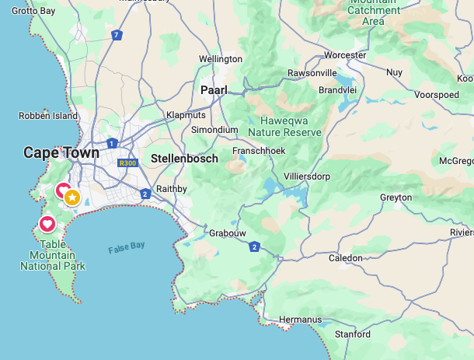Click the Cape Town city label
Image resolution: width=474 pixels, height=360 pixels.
[x=61, y=152]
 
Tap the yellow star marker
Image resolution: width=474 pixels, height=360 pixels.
[x=72, y=197]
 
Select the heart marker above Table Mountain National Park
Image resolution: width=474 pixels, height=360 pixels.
[x=47, y=225]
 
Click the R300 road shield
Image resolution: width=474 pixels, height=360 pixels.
[x=127, y=163]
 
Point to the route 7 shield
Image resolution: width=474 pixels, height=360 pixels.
[x=117, y=35]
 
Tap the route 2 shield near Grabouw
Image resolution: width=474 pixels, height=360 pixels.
[x=254, y=246]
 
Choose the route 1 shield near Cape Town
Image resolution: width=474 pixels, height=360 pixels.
[x=113, y=143]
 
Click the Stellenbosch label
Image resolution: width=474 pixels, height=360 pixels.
[x=184, y=158]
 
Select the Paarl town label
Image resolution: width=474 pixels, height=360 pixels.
[x=214, y=90]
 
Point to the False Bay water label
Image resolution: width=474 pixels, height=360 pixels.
[x=127, y=247]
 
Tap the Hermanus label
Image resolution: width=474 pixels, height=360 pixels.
[x=299, y=320]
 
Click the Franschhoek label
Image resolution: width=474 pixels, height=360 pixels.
[x=259, y=151]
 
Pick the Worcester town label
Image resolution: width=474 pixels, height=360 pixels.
[x=345, y=55]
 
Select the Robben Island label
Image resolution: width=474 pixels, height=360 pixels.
[x=48, y=116]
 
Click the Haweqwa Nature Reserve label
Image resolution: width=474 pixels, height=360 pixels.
[x=284, y=126]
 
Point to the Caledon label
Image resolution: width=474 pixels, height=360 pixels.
[x=346, y=257]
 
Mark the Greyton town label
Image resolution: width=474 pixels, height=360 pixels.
[x=396, y=197]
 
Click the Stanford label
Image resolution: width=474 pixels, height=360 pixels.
[x=352, y=334]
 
